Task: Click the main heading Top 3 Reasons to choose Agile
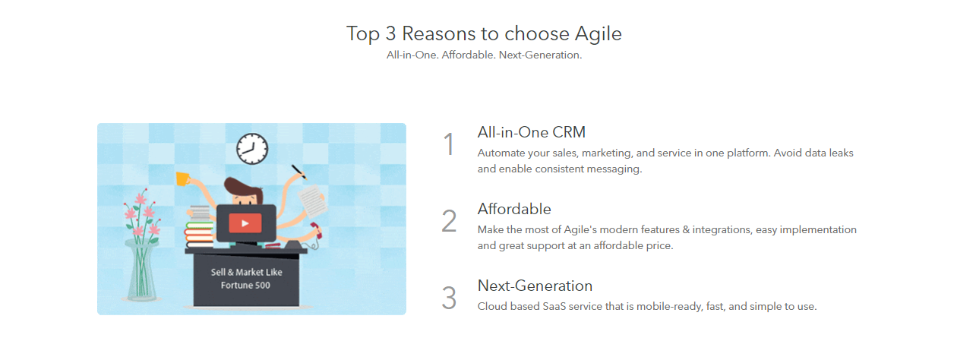click(x=484, y=34)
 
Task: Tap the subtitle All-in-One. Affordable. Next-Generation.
click(x=484, y=55)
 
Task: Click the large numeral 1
click(x=449, y=144)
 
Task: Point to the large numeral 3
click(x=449, y=298)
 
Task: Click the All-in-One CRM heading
click(x=531, y=132)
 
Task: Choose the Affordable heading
click(x=514, y=209)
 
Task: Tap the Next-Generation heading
click(x=535, y=286)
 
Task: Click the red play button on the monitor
click(x=245, y=223)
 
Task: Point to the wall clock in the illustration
click(x=252, y=149)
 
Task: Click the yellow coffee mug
click(x=182, y=178)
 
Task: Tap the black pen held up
click(x=299, y=172)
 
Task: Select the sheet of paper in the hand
click(x=312, y=201)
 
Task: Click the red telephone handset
click(x=316, y=230)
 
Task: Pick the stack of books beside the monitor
click(x=200, y=228)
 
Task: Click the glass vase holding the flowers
click(x=141, y=270)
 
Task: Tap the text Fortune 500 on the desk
click(x=245, y=286)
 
